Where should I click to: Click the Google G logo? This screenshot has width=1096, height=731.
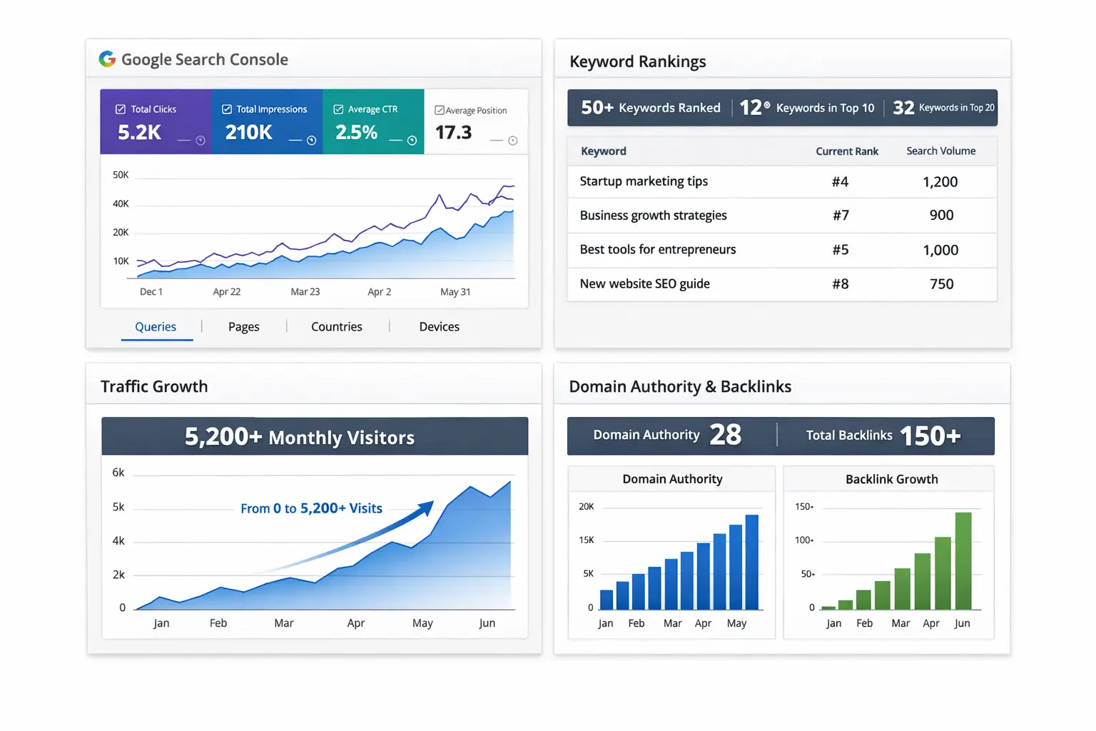[107, 59]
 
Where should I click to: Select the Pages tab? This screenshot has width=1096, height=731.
[243, 327]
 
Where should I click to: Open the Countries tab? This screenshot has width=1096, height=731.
[336, 327]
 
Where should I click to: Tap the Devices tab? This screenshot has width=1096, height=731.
[439, 327]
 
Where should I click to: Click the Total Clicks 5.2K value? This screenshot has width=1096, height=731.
[140, 133]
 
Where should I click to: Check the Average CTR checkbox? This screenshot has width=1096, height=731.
[339, 110]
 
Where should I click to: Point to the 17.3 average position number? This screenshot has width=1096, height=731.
[453, 133]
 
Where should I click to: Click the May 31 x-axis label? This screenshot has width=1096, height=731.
[455, 292]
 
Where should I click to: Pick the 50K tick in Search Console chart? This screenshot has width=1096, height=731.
[121, 175]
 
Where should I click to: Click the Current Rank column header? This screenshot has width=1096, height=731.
[847, 151]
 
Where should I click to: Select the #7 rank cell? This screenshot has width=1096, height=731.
[841, 216]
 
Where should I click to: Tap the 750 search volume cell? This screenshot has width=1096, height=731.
[941, 284]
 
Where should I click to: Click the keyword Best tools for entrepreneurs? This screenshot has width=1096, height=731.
[657, 250]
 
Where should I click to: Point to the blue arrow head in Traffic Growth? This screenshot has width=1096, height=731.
[427, 507]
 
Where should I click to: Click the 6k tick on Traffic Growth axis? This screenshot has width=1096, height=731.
[118, 473]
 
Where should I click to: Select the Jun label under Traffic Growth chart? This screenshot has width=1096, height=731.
[487, 623]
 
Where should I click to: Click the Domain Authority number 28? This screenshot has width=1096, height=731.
[725, 435]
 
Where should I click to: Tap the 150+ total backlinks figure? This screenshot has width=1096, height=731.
[930, 435]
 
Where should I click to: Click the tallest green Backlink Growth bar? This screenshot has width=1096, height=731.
[963, 560]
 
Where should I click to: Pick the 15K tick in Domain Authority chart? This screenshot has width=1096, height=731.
[587, 540]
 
